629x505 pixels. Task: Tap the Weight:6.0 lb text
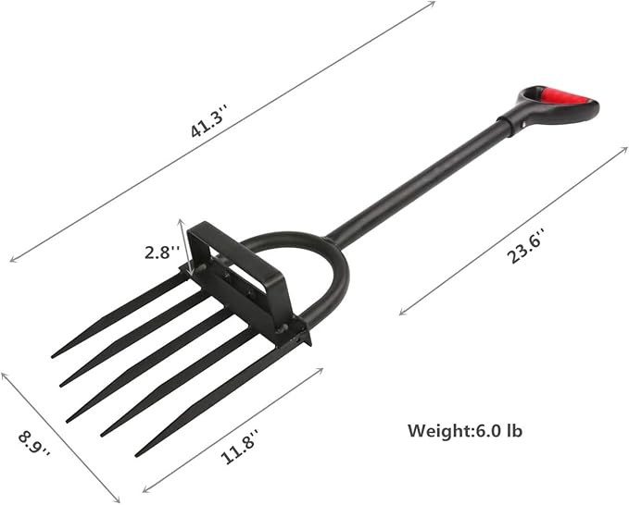click(x=469, y=430)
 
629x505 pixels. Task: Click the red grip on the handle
click(x=563, y=96)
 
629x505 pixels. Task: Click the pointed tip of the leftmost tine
click(x=54, y=355)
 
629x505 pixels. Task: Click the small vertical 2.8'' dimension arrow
click(x=182, y=248)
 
